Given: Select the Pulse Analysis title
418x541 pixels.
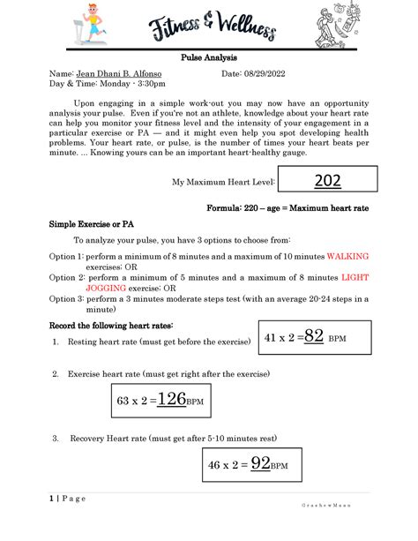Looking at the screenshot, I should [x=208, y=56].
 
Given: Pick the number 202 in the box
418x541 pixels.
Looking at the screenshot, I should [x=329, y=182].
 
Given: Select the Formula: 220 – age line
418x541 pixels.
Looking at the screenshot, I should [x=301, y=208].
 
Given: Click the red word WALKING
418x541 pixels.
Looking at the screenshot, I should [x=347, y=255].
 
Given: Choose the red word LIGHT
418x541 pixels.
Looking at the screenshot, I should [x=354, y=276].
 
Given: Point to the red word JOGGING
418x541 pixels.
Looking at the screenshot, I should [x=105, y=287].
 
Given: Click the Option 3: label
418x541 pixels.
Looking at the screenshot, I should [x=66, y=298].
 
